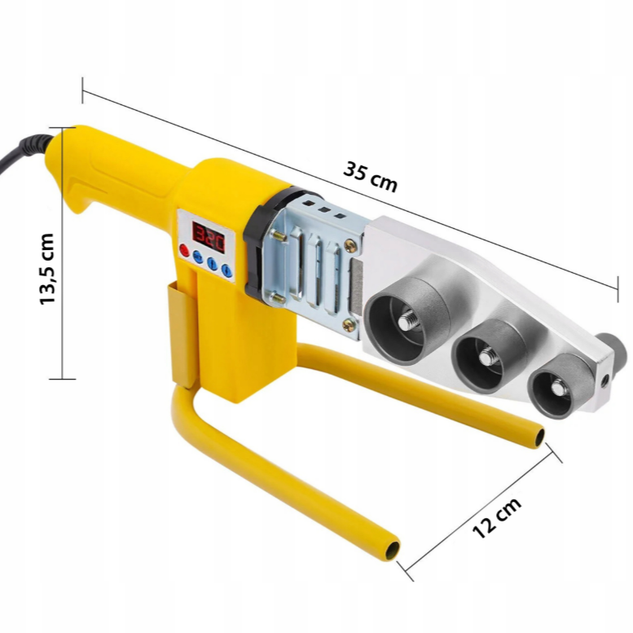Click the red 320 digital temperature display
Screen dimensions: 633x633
209,237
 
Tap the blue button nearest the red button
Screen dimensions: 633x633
197,257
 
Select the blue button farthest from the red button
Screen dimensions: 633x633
226,270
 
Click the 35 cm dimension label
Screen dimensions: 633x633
370,178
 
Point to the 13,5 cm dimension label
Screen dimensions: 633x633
46,269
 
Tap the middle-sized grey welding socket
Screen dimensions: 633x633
488,357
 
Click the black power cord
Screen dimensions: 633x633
24,152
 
